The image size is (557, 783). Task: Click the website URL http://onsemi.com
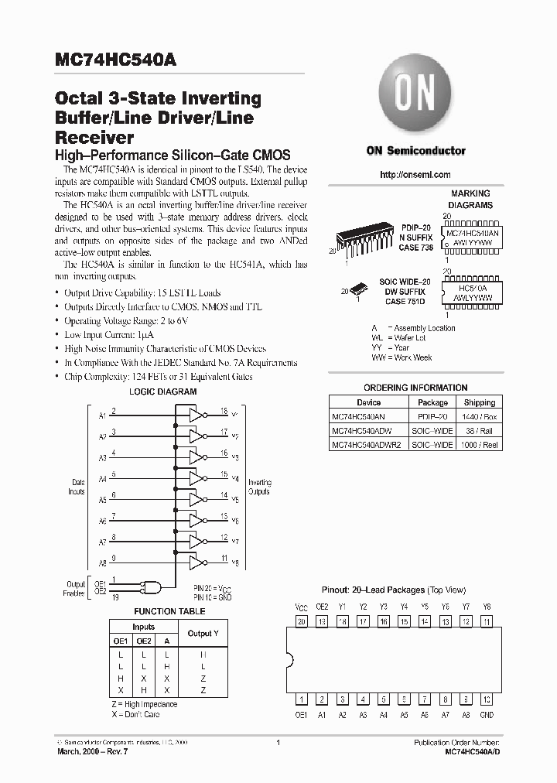(415, 175)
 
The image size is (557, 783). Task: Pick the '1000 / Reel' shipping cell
(480, 445)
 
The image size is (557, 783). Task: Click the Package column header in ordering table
(432, 402)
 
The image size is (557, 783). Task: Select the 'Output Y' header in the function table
(203, 633)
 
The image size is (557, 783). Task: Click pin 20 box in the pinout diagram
(302, 621)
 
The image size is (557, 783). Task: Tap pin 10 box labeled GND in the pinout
(487, 699)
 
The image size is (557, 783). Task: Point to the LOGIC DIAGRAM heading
(162, 392)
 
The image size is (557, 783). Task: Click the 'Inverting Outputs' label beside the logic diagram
(259, 487)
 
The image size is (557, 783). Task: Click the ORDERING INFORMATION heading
(415, 388)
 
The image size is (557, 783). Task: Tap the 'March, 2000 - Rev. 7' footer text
(97, 752)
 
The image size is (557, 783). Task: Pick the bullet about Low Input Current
(109, 334)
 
